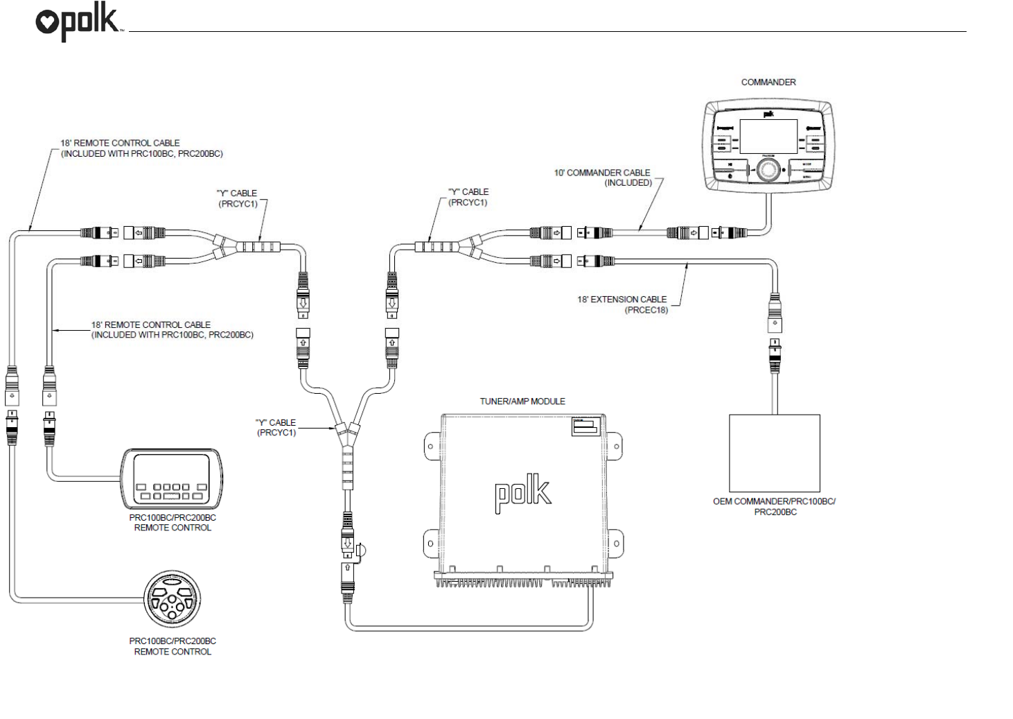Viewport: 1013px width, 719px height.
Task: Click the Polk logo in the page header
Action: coord(78,23)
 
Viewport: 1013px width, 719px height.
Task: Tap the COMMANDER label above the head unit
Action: coord(768,82)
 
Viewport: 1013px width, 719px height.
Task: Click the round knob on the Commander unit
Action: coord(768,169)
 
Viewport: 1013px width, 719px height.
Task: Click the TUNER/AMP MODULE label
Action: coord(522,401)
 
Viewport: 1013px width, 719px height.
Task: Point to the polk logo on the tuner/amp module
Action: coord(523,493)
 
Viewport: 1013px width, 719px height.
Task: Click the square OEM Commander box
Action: coord(774,453)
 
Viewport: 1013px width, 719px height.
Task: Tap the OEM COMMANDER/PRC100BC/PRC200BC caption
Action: coord(774,507)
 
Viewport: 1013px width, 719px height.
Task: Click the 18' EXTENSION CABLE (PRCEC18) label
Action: coord(622,304)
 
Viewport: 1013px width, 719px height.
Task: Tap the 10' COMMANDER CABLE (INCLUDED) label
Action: coord(603,177)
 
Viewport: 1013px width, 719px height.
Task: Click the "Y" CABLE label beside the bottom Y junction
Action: coord(276,427)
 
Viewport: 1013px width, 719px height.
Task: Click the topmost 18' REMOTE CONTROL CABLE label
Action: coord(141,148)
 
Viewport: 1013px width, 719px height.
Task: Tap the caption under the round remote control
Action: coord(173,646)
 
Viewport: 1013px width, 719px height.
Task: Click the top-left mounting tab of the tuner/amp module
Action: coord(431,446)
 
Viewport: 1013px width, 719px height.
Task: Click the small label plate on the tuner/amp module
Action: coord(585,426)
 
